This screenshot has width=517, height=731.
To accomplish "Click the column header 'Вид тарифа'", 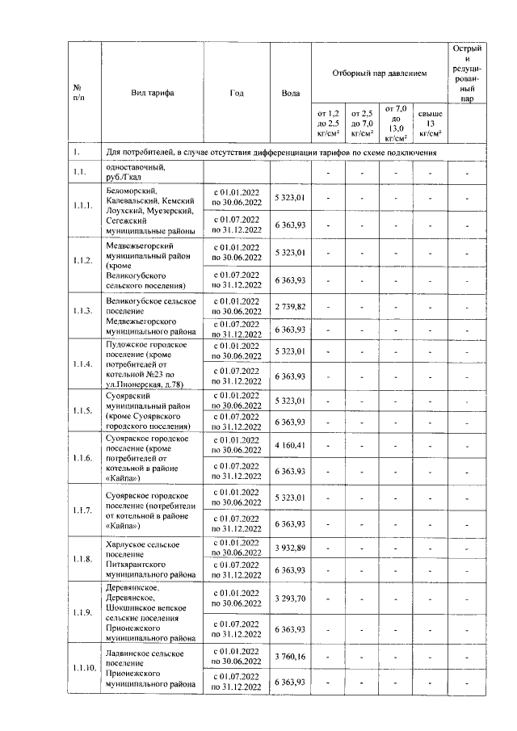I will (x=152, y=93).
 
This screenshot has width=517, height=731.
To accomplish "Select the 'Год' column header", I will (x=236, y=93).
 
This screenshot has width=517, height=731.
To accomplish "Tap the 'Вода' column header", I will (x=290, y=93).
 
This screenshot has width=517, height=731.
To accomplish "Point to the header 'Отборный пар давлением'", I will (x=379, y=73).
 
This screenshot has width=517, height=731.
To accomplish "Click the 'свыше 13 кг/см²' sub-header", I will (x=431, y=122).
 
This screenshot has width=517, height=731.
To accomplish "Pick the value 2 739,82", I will (x=290, y=307).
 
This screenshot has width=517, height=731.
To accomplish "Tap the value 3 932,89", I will (x=290, y=548).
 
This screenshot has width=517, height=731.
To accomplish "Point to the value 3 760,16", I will (x=290, y=657).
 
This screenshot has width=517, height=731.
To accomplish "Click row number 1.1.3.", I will (x=82, y=311).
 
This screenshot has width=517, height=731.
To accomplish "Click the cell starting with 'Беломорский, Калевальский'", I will (x=151, y=208).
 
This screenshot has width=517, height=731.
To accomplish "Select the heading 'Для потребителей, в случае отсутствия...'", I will (x=272, y=151).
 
